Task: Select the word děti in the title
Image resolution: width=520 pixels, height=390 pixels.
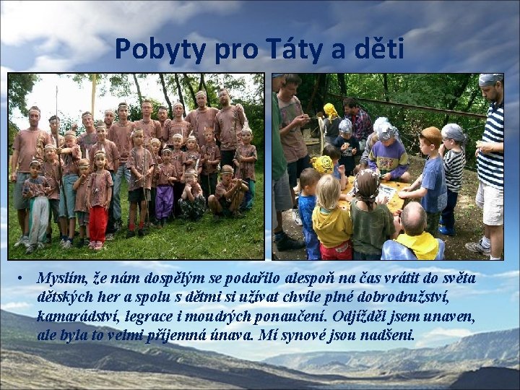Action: pyautogui.click(x=375, y=49)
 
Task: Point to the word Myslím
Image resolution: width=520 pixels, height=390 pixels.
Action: pyautogui.click(x=61, y=279)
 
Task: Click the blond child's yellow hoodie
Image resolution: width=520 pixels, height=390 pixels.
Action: pyautogui.click(x=333, y=224)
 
